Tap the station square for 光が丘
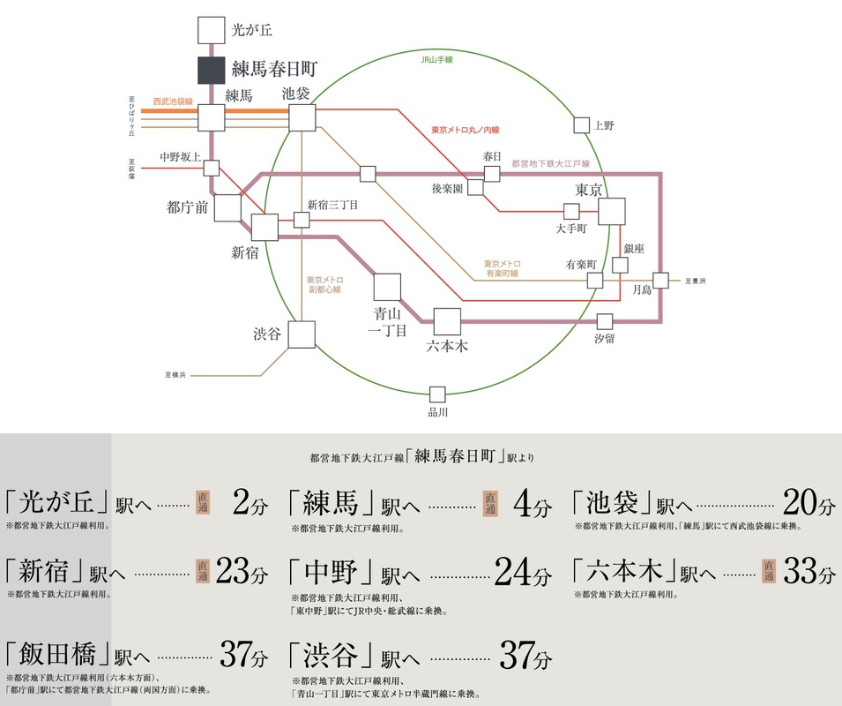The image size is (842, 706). (212, 31)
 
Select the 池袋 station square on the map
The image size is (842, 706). (302, 117)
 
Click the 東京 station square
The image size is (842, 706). (611, 212)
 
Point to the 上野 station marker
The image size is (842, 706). (580, 125)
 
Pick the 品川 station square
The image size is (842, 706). (437, 394)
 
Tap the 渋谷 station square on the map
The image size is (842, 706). (302, 334)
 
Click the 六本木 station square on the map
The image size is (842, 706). (447, 321)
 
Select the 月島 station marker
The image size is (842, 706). (661, 280)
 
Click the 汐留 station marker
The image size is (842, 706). (605, 321)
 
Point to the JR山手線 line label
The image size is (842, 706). (436, 60)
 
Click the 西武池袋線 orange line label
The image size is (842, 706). (172, 101)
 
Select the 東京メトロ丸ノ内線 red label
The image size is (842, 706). (466, 130)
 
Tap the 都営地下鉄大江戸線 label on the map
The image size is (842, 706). (551, 165)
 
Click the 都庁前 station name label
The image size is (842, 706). (188, 207)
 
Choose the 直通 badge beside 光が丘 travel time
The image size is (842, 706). (202, 503)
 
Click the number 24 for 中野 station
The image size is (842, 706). (514, 574)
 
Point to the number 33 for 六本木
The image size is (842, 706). (801, 574)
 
